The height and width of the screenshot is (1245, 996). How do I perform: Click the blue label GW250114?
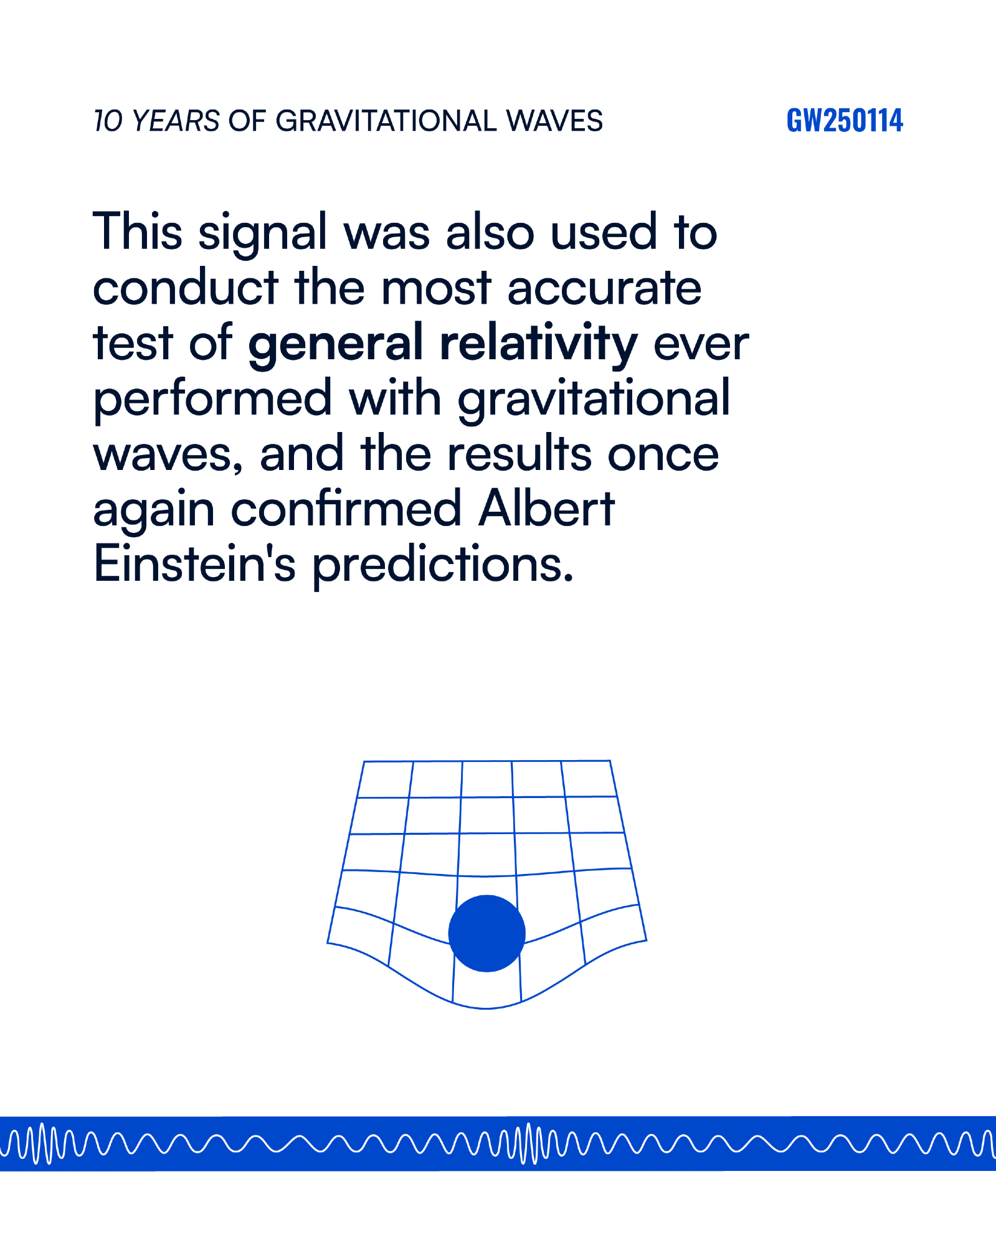coord(845,121)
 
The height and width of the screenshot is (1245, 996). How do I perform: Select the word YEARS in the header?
coord(176,121)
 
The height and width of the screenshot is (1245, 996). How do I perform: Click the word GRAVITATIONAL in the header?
coord(386,121)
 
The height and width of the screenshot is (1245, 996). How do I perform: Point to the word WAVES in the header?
coord(554,121)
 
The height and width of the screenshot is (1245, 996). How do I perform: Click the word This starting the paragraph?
coord(138,232)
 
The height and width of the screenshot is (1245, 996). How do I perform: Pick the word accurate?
coord(604,289)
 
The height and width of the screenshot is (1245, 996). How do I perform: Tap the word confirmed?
coord(346,508)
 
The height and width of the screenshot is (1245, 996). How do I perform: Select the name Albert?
coord(546,508)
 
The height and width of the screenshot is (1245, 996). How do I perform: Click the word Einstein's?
coord(194,563)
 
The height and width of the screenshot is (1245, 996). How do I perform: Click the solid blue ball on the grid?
coord(487,933)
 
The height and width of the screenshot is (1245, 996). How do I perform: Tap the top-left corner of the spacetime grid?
coord(364,761)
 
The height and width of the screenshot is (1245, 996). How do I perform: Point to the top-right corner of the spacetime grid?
coord(610,761)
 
